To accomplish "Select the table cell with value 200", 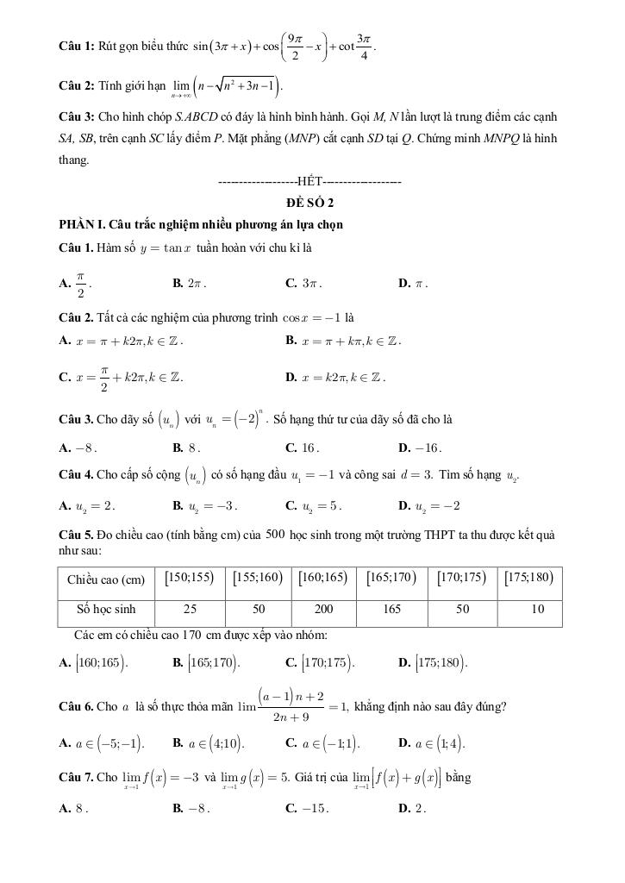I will [x=323, y=609].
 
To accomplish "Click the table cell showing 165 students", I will [x=392, y=609].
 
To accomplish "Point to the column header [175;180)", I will [x=528, y=579].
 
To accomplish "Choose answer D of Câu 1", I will [x=413, y=283].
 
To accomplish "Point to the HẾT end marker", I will [x=310, y=182].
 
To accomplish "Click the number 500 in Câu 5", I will [x=276, y=534].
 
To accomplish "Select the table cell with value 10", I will [x=537, y=609].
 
